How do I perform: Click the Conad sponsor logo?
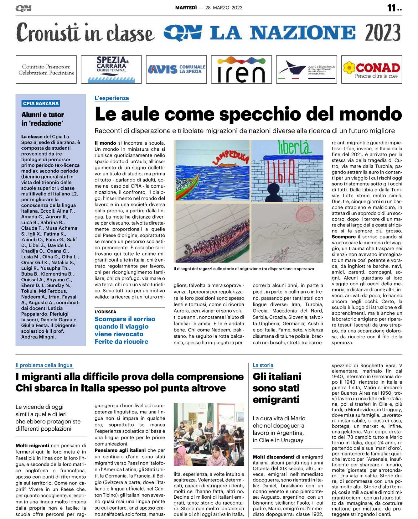point(371,70)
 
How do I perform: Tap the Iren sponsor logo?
point(241,70)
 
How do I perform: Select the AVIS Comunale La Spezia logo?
point(176,70)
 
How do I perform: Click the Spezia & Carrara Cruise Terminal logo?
point(111,70)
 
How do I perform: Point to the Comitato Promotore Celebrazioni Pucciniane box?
point(46,70)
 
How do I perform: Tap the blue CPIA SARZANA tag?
point(41,103)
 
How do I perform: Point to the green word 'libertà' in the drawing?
point(294,148)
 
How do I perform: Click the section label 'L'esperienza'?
point(112,98)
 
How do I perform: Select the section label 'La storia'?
point(263,365)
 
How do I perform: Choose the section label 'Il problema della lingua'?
point(44,365)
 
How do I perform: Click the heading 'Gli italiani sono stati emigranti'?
point(277,388)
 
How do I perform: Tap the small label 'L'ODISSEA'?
point(105,312)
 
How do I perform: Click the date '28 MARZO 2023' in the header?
point(224,8)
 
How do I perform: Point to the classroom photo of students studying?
point(209,434)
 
